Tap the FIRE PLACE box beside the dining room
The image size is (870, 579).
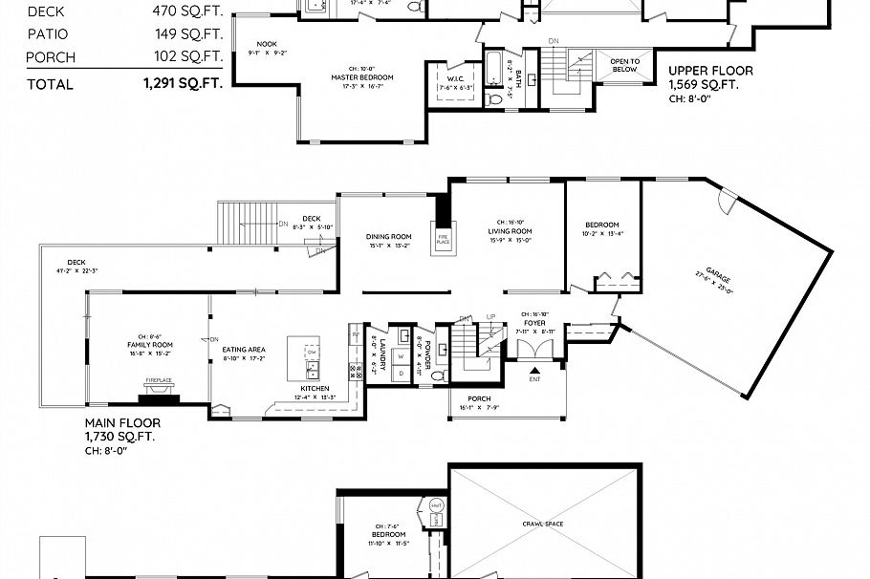click(x=443, y=239)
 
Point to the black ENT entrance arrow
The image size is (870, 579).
click(x=535, y=371)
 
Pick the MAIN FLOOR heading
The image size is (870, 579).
click(x=122, y=422)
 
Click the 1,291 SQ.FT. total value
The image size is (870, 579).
click(x=183, y=84)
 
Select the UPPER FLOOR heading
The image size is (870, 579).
click(x=710, y=71)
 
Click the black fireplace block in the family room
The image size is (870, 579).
click(x=158, y=390)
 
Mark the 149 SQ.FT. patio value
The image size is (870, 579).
click(x=187, y=34)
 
